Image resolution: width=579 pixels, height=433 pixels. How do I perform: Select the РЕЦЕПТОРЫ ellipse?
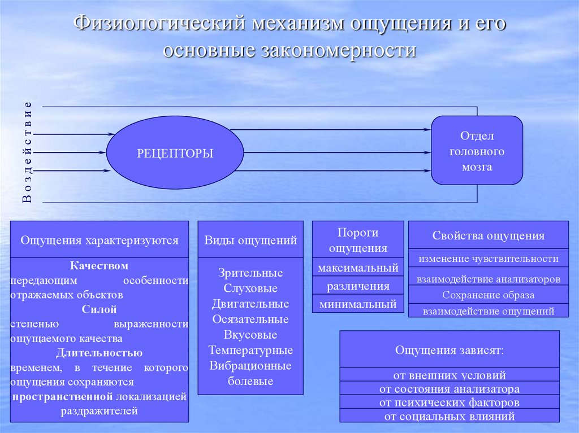(175, 153)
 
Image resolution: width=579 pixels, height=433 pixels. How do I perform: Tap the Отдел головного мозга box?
(477, 151)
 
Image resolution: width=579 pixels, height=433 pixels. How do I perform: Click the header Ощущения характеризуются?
(100, 240)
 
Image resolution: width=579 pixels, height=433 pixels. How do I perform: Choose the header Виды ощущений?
(250, 240)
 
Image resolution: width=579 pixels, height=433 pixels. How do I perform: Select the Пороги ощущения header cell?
(358, 240)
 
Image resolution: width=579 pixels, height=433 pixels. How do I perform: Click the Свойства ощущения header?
(489, 235)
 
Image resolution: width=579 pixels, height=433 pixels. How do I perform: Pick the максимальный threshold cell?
(358, 268)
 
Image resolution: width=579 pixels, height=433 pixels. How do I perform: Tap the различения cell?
(358, 286)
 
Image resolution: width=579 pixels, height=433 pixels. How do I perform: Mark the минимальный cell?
(358, 304)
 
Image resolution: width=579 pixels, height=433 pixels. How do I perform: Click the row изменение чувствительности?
(489, 259)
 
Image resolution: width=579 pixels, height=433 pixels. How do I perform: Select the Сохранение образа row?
(489, 295)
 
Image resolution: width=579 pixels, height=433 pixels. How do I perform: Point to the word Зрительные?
(250, 273)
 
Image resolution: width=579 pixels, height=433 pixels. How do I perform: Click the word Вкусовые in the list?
(250, 335)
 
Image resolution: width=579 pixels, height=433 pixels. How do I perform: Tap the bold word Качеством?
(100, 265)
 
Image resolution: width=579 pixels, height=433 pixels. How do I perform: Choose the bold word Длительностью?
(100, 353)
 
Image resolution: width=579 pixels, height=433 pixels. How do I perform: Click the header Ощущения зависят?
(450, 350)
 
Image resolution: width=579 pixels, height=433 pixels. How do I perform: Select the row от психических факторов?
(450, 403)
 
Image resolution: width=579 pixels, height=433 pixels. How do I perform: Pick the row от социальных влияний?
(450, 417)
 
